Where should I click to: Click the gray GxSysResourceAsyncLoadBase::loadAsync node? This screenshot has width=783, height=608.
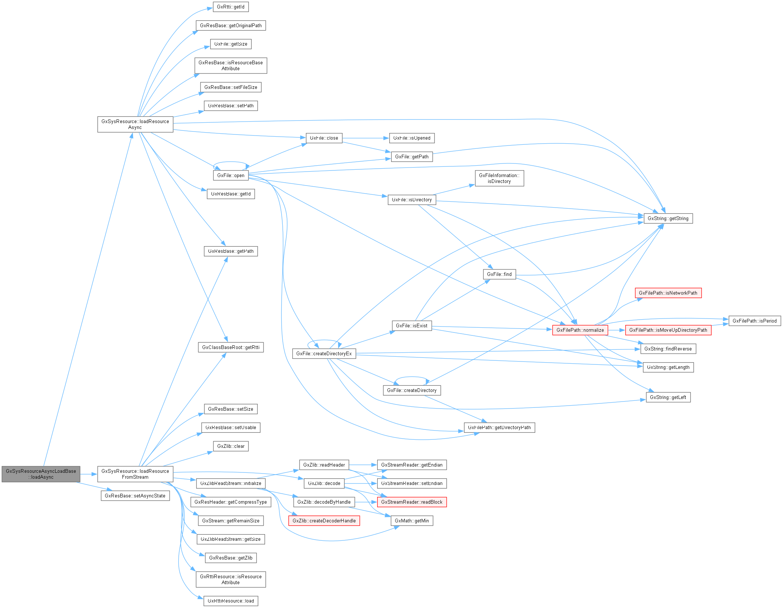click(41, 474)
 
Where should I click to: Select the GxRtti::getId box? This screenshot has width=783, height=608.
click(230, 7)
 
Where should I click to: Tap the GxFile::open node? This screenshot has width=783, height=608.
click(230, 175)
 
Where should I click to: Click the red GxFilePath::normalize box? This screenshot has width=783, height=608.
click(580, 330)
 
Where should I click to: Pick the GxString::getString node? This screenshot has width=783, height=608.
click(668, 219)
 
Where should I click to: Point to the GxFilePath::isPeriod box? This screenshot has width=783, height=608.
click(754, 321)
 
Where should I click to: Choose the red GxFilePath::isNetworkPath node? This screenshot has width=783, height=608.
click(668, 293)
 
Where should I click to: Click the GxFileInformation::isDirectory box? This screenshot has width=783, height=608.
click(499, 178)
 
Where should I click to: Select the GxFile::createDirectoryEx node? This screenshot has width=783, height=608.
click(324, 353)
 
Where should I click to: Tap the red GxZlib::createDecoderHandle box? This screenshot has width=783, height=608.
click(324, 521)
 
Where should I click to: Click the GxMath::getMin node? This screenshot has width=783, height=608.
click(412, 521)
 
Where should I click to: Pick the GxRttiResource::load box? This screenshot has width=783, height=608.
click(230, 601)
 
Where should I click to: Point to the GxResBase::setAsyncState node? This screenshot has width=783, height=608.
click(135, 496)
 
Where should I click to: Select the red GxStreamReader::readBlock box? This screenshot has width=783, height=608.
click(412, 502)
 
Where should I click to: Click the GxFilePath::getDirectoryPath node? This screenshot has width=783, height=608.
click(499, 428)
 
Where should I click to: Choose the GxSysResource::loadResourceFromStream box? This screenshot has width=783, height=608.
click(135, 474)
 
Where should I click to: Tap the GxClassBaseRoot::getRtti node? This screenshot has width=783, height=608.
click(230, 347)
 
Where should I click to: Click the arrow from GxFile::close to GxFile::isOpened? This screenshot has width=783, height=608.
click(365, 138)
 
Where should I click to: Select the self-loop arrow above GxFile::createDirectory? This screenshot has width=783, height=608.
click(412, 377)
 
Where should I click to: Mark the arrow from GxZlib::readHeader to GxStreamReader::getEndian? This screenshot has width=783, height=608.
click(363, 465)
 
